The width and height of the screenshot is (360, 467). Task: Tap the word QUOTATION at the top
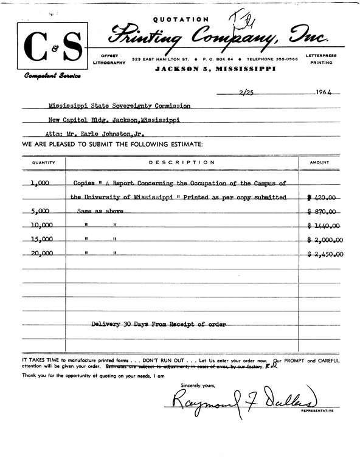point(181,19)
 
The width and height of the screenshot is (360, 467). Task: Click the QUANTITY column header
point(44,162)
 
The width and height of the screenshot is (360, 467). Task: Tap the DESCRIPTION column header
point(182,162)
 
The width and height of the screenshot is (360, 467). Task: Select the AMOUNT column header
point(320,162)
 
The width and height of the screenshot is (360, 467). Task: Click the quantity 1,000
point(42,183)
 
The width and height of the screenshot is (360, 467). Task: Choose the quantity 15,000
point(42,240)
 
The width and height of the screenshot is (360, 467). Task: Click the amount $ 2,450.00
point(325,254)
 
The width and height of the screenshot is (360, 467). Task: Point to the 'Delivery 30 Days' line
point(158,325)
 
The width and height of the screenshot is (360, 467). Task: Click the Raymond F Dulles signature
point(243,401)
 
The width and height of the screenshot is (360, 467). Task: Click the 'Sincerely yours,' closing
point(198,386)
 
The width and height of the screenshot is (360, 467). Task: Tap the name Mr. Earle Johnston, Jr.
point(108,134)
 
